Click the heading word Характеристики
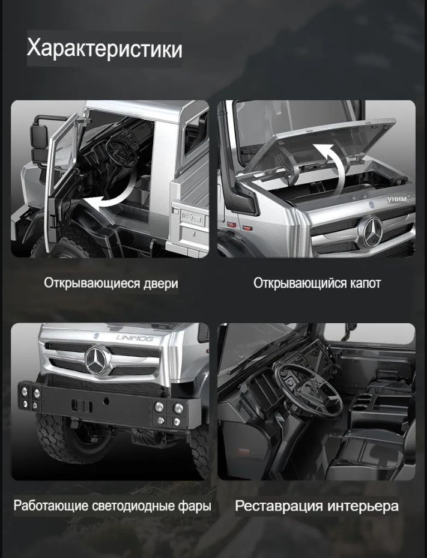(104, 49)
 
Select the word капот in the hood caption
(365, 284)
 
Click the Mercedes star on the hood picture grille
(372, 232)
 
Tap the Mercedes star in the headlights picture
(95, 360)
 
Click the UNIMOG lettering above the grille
(135, 338)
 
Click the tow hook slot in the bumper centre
(82, 405)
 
